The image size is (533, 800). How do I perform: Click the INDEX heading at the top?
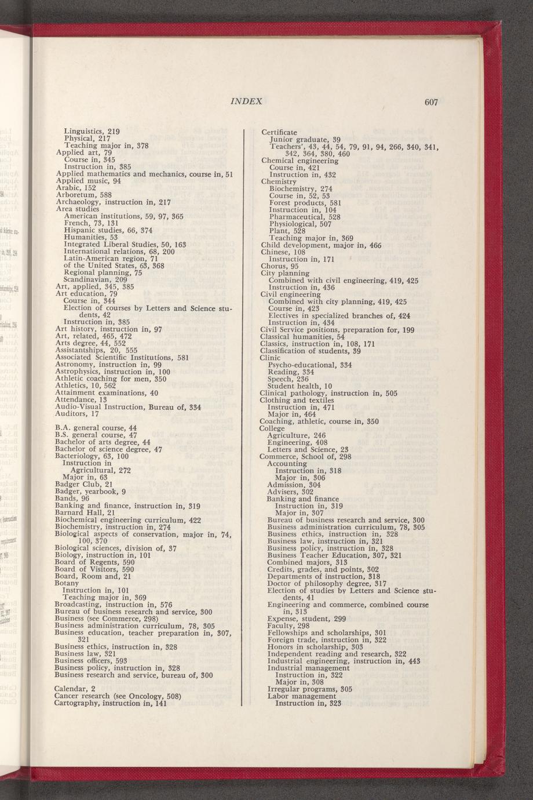(247, 102)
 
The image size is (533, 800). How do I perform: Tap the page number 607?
(430, 103)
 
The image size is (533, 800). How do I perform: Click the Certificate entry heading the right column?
(279, 132)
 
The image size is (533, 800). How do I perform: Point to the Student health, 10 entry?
(300, 386)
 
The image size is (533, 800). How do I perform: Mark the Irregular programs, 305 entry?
(306, 689)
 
